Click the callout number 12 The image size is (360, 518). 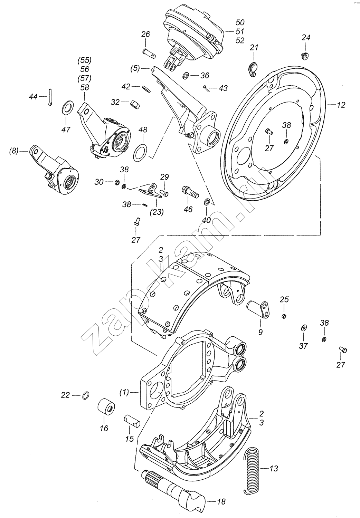pos(341,105)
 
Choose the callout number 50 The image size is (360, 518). pos(240,22)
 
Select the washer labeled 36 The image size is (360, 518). pos(186,75)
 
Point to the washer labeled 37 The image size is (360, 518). pos(304,328)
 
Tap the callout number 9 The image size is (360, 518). pos(260,332)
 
